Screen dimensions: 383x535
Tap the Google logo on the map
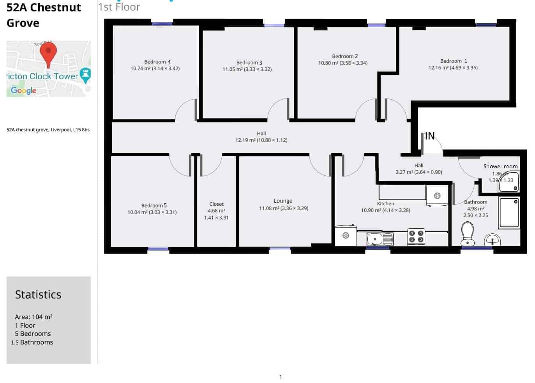point(23,90)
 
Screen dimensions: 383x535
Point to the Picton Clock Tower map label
point(43,76)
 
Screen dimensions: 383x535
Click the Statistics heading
point(38,295)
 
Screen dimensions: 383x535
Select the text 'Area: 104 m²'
point(34,317)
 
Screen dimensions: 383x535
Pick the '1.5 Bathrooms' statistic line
point(32,342)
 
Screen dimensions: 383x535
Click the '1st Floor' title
point(119,7)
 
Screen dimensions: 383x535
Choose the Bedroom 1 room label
point(453,61)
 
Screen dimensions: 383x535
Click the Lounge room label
point(283,201)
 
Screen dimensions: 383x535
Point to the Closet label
point(216,204)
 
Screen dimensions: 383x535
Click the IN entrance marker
point(429,136)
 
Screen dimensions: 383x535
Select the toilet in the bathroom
point(467,234)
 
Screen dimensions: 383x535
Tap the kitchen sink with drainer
point(380,238)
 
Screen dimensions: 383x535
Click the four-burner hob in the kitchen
point(416,237)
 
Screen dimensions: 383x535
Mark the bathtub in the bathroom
point(509,213)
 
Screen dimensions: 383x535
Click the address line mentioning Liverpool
point(48,130)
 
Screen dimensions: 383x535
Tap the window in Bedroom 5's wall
point(158,249)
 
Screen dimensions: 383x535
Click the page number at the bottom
point(280,377)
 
